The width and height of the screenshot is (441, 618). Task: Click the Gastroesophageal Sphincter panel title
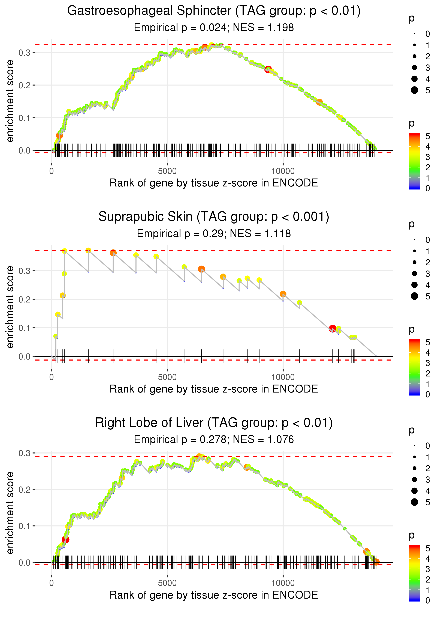point(214,11)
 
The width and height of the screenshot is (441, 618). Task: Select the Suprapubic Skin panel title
point(214,217)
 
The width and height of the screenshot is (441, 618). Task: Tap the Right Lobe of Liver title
point(214,423)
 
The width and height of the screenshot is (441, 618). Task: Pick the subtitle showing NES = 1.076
point(214,440)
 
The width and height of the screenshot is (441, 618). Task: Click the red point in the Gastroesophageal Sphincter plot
point(268,69)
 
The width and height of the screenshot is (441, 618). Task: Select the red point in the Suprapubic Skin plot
point(332,329)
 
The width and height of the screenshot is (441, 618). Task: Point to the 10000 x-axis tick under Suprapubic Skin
point(283,377)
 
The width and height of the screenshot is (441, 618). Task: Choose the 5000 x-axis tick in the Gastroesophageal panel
point(167,171)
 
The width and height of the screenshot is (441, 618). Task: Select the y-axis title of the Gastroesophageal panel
point(10,101)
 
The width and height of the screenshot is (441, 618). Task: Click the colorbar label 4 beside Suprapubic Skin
point(428,353)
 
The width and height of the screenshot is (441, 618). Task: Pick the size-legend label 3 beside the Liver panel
point(428,480)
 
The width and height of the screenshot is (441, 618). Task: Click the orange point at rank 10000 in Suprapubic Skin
point(283,294)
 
